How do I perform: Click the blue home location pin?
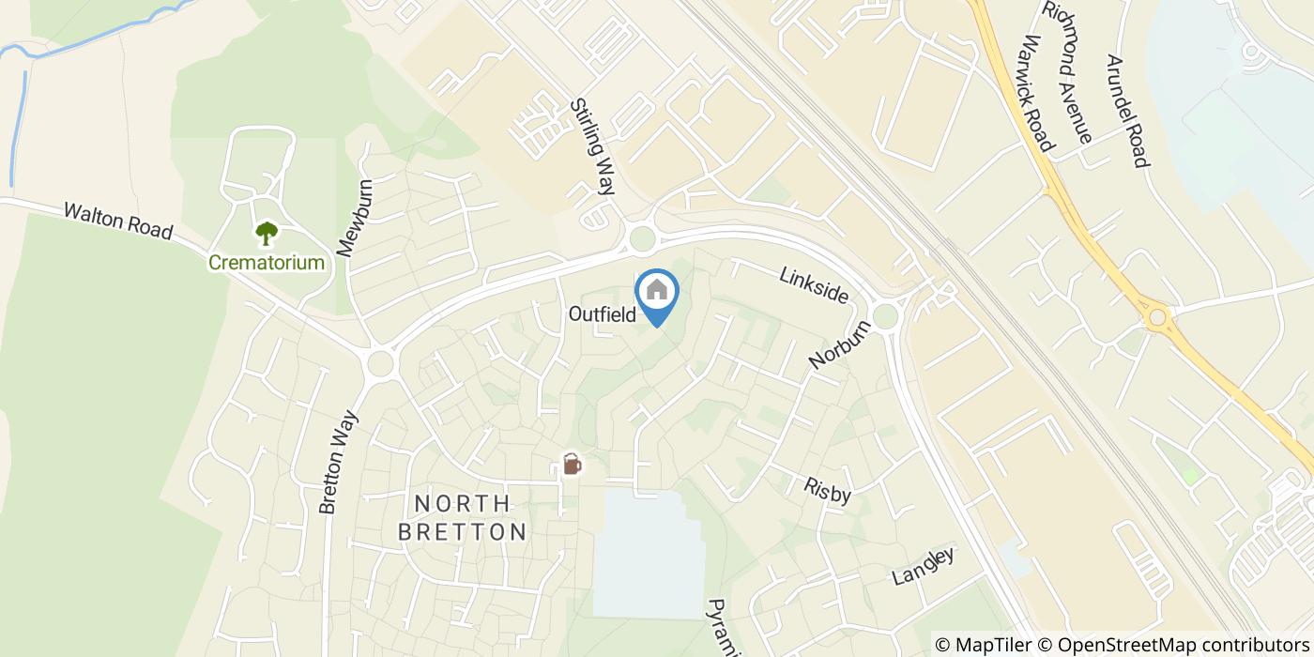point(657,293)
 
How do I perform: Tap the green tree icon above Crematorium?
point(267,233)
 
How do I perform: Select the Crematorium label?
point(267,263)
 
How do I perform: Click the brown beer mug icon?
point(571,464)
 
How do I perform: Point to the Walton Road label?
point(118,220)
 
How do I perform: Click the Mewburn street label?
point(355,219)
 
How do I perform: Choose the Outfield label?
point(603,314)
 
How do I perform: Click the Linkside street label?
point(814,284)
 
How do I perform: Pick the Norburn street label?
point(841,341)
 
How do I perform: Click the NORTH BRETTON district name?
point(462,518)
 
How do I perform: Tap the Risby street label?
point(827,490)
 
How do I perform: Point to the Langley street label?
point(924,566)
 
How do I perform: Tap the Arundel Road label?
point(1127,111)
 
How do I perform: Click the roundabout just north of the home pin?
point(642,239)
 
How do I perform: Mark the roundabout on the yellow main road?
point(1157,318)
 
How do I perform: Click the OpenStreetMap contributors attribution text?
point(1184,645)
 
